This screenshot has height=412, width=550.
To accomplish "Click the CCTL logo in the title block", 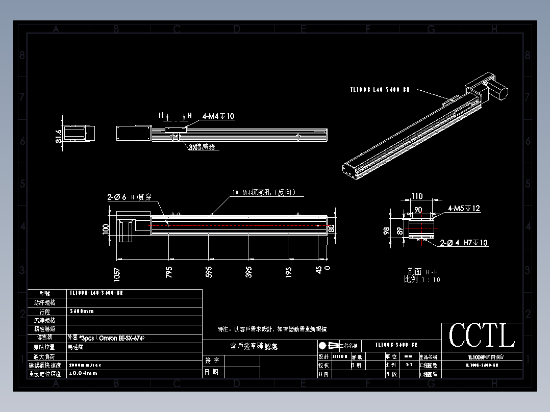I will click(482, 336).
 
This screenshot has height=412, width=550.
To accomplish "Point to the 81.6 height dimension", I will click(58, 136).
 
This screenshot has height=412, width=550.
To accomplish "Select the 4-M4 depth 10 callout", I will click(218, 116).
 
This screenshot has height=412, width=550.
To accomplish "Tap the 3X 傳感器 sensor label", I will click(202, 147).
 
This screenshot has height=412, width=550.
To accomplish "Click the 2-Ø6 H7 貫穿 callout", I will click(129, 197).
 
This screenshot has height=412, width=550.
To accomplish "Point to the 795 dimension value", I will click(169, 272).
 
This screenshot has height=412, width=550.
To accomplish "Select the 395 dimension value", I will click(249, 272).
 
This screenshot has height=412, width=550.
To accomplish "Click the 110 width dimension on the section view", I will click(417, 196).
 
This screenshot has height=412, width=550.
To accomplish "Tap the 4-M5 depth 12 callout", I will click(464, 208).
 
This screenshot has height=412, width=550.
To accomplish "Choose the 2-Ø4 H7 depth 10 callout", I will click(464, 243).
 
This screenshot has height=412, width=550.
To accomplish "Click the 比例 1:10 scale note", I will click(421, 279).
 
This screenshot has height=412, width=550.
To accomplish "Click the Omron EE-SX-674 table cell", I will click(102, 338).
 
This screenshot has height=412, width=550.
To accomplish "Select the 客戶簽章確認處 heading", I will click(254, 347).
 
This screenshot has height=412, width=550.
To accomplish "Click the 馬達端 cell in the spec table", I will click(77, 347).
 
